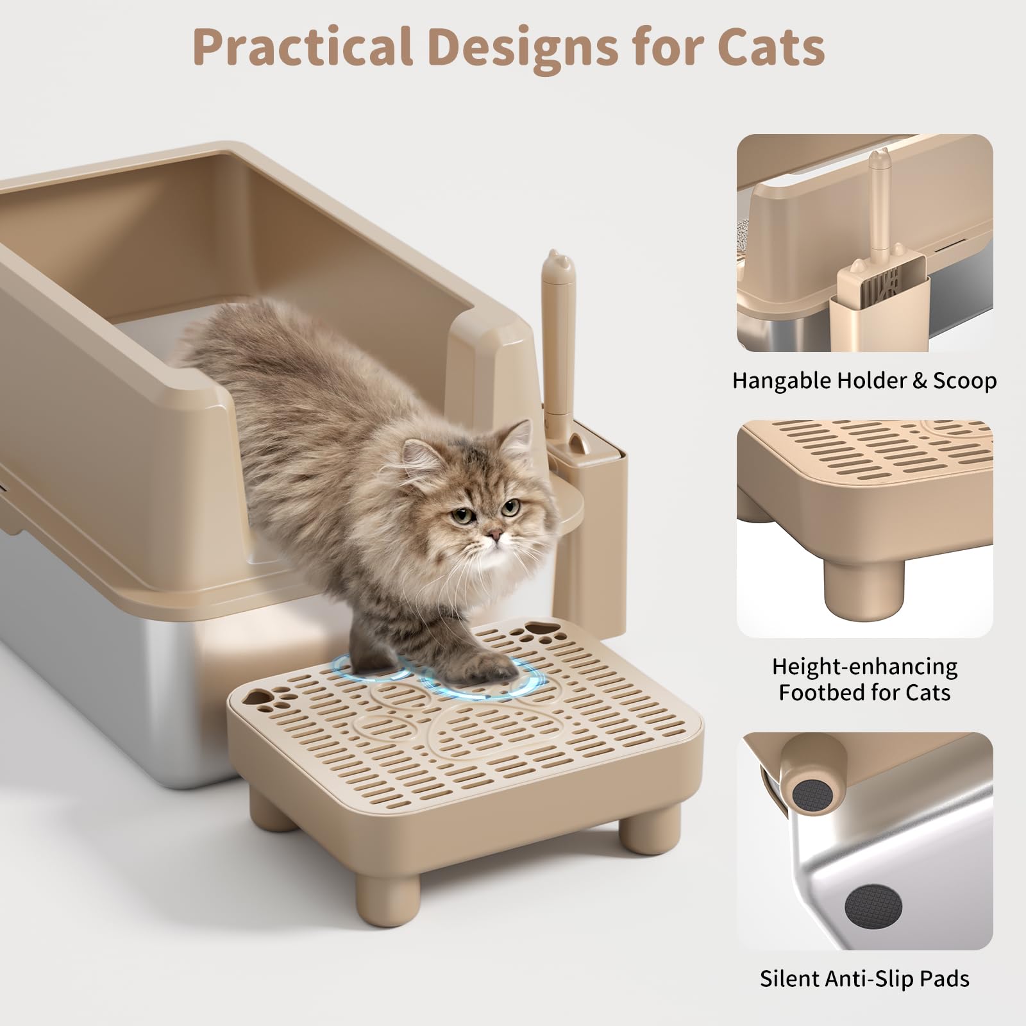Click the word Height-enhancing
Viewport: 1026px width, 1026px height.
pyautogui.click(x=864, y=666)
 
